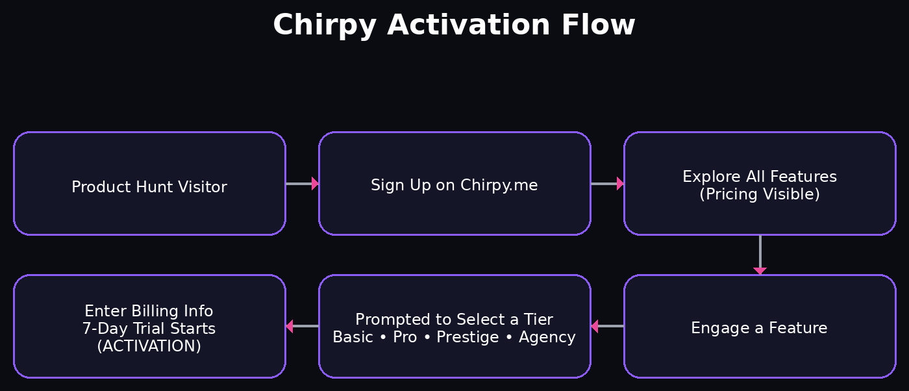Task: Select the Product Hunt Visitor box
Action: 149,184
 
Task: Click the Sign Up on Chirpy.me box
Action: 454,184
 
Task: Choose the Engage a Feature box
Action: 760,327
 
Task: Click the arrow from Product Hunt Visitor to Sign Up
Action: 302,184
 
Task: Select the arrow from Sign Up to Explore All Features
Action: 607,184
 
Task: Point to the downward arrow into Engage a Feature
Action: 760,255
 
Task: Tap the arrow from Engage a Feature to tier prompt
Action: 607,326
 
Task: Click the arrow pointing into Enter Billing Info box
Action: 302,326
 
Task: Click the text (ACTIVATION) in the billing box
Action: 149,346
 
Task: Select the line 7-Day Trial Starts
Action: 149,329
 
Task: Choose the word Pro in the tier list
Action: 405,337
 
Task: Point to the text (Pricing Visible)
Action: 760,194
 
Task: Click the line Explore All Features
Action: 760,177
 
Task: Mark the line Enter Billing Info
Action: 149,310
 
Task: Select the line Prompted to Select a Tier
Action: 454,320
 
